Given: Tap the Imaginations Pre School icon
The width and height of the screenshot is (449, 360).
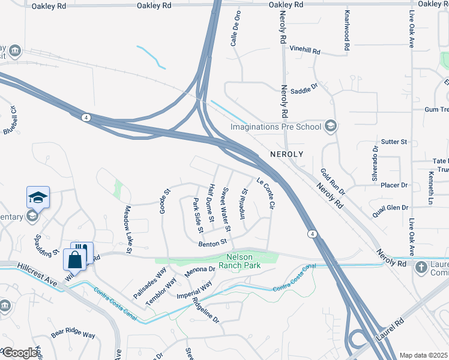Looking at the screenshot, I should click(x=330, y=126).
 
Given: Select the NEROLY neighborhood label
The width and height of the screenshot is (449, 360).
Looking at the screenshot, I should click(x=286, y=154).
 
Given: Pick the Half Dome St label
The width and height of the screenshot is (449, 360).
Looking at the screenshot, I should click(x=210, y=202).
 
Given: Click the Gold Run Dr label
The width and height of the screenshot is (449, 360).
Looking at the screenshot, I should click(x=333, y=182).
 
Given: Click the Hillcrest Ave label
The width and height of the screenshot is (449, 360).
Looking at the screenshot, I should click(x=37, y=273).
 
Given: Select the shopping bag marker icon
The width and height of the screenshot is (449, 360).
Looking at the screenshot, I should click(x=75, y=260).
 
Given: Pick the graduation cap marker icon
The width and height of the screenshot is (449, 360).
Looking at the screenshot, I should click(x=37, y=197).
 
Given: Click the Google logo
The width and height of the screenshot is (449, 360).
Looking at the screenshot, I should click(x=20, y=353).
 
